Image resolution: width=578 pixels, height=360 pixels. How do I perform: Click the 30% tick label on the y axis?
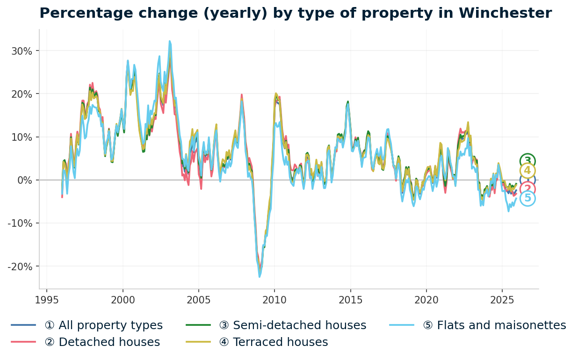pyautogui.click(x=22, y=51)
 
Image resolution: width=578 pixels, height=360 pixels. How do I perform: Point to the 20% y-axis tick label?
pyautogui.click(x=22, y=94)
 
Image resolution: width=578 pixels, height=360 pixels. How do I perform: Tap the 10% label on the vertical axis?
pyautogui.click(x=22, y=137)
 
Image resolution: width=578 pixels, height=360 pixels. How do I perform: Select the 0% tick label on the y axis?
pyautogui.click(x=24, y=180)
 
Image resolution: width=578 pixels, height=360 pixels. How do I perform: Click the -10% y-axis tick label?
pyautogui.click(x=20, y=223)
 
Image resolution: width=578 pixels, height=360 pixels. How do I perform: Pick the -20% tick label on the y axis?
pyautogui.click(x=20, y=266)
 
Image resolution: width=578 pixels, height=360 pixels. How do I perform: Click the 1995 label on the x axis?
pyautogui.click(x=47, y=300)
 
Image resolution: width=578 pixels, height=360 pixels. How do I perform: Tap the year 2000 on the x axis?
pyautogui.click(x=123, y=300)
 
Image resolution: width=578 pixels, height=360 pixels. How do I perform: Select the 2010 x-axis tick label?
pyautogui.click(x=275, y=300)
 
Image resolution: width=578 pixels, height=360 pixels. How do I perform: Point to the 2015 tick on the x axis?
pyautogui.click(x=350, y=300)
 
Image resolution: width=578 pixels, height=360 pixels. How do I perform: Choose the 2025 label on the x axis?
pyautogui.click(x=502, y=300)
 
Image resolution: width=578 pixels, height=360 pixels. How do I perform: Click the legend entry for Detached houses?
pyautogui.click(x=102, y=342)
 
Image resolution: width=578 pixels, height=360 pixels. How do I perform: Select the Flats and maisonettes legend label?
pyautogui.click(x=501, y=325)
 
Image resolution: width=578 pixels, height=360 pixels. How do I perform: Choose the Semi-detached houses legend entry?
pyautogui.click(x=299, y=325)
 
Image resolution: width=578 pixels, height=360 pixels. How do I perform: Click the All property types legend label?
pyautogui.click(x=103, y=325)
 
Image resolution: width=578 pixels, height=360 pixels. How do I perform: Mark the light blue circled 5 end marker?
pyautogui.click(x=527, y=198)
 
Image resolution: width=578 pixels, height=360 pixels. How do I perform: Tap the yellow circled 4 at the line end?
pyautogui.click(x=527, y=171)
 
